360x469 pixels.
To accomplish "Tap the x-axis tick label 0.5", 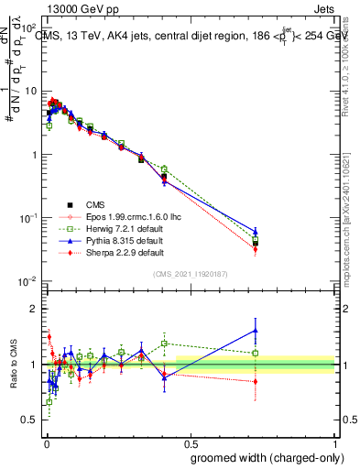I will (x=190, y=441).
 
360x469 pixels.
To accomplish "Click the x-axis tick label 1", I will (x=335, y=441).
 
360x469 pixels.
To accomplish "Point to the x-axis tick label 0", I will (x=45, y=441).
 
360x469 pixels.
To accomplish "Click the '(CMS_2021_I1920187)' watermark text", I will (x=190, y=273).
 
